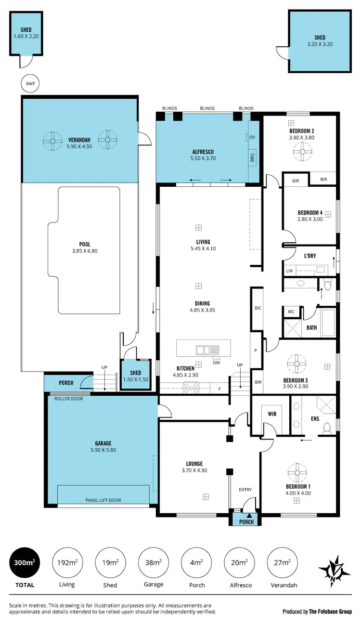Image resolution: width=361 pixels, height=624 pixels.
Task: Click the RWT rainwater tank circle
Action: coord(30,83)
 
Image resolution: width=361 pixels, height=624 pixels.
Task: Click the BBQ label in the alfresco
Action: coord(252,157)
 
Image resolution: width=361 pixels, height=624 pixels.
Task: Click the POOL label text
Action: coord(85,245)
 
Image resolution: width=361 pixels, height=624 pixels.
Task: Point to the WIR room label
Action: coord(272,413)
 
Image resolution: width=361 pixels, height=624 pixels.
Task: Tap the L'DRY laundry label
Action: coord(310,256)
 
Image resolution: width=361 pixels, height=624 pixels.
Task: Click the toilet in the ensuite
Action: coord(328,427)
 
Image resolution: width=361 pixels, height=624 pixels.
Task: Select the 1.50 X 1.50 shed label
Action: coord(136,379)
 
